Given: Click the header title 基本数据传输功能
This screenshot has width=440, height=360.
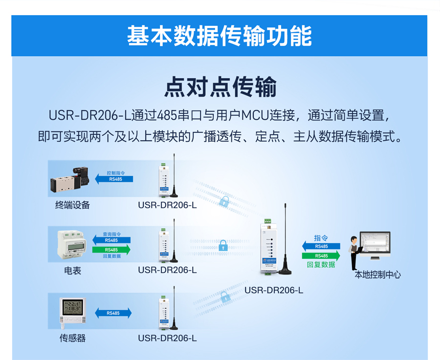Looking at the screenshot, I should tap(220, 36).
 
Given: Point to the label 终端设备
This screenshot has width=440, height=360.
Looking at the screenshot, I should tap(72, 205).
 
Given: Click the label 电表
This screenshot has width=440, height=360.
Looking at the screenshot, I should tap(72, 270).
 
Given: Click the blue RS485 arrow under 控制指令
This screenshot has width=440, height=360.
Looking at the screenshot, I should tap(114, 179).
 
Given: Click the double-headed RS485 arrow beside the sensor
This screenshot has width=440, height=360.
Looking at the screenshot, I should tap(113, 313).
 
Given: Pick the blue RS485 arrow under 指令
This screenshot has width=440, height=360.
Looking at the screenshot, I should tap(321, 246).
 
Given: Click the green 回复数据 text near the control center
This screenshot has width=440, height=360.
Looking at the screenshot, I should tap(321, 264).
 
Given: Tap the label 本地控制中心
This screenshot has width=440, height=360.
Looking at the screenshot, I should tap(377, 275).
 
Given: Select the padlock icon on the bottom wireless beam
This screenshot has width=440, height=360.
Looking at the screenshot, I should tap(224, 296).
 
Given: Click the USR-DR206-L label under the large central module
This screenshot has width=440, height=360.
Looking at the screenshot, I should tap(274, 290).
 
